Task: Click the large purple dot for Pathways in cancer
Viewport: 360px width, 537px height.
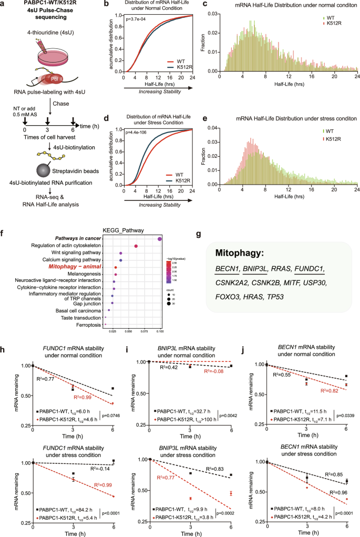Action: click(159, 239)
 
